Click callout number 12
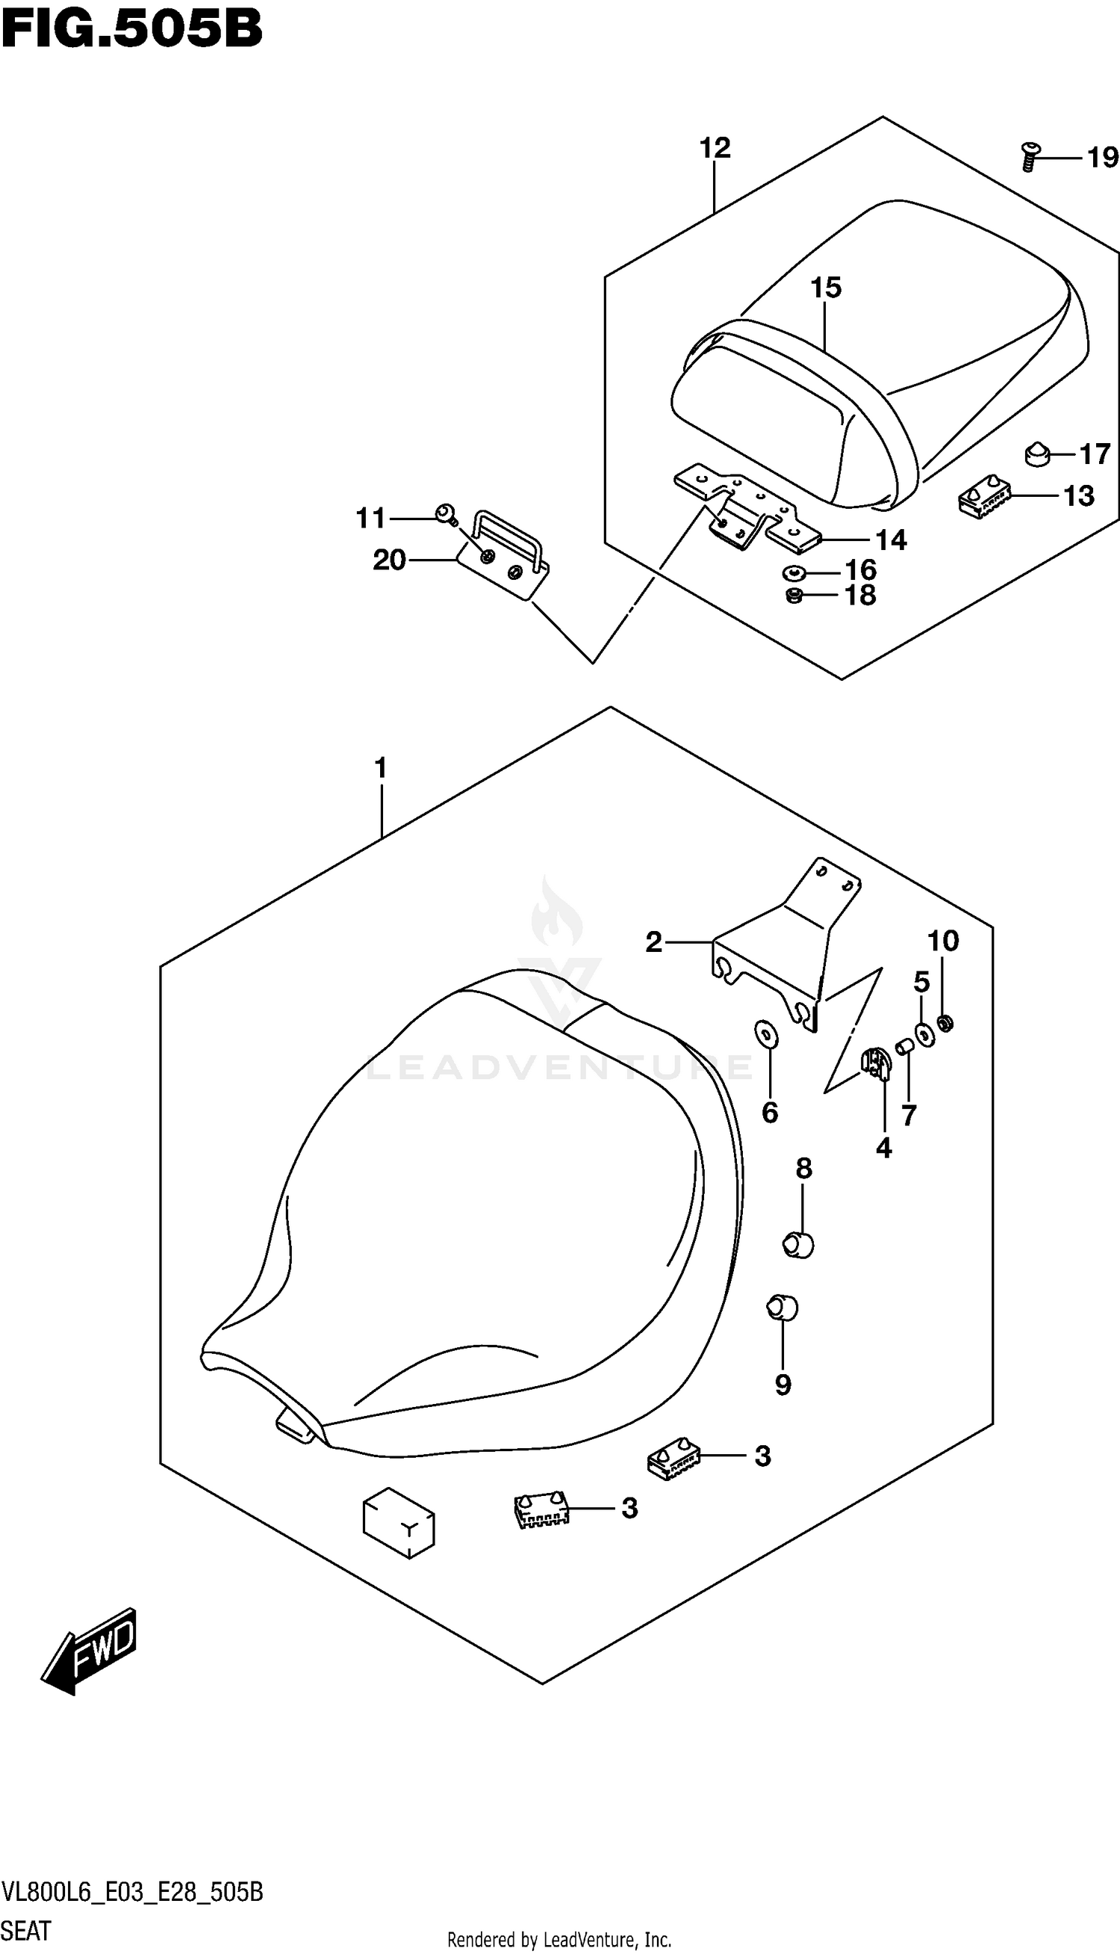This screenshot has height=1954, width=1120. pyautogui.click(x=715, y=148)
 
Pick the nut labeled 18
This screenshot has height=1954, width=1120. pyautogui.click(x=794, y=595)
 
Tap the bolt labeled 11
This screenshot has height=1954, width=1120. pyautogui.click(x=444, y=513)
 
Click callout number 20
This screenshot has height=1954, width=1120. pyautogui.click(x=388, y=560)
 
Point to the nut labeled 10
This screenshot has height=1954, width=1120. pyautogui.click(x=946, y=1023)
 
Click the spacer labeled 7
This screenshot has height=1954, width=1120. pyautogui.click(x=906, y=1048)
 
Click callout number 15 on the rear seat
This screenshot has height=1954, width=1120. pyautogui.click(x=825, y=288)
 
